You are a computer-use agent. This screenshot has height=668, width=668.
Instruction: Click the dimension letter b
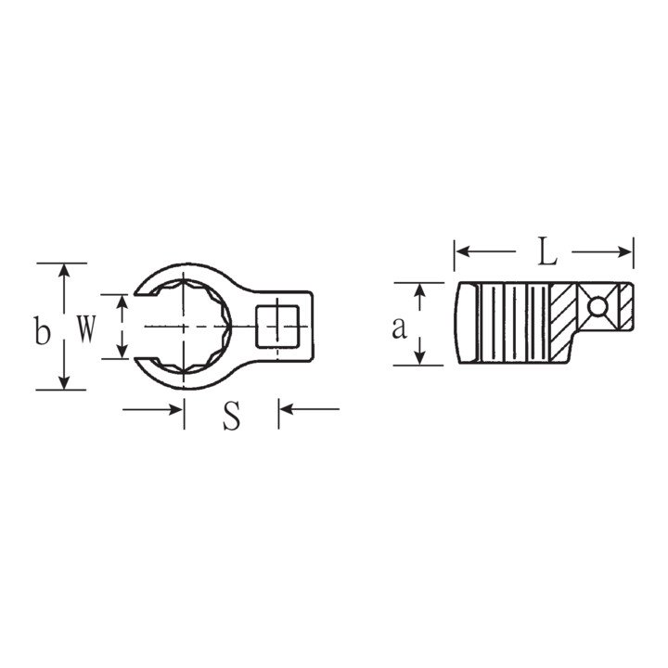click(x=42, y=330)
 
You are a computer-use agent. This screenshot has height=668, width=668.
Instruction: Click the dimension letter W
click(x=86, y=328)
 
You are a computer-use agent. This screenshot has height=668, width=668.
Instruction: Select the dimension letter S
click(x=231, y=416)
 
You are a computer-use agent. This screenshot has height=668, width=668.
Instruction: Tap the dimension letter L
click(x=547, y=251)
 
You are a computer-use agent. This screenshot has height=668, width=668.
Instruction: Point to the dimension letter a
click(x=399, y=328)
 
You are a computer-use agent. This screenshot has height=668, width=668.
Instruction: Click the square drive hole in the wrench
click(x=277, y=327)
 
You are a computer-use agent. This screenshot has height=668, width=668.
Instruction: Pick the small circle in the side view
click(x=597, y=306)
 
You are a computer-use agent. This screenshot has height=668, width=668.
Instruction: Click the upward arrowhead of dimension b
click(x=64, y=271)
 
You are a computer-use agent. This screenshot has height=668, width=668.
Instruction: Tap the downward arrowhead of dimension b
click(x=64, y=381)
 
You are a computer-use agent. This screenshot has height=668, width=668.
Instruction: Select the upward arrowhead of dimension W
click(x=122, y=302)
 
